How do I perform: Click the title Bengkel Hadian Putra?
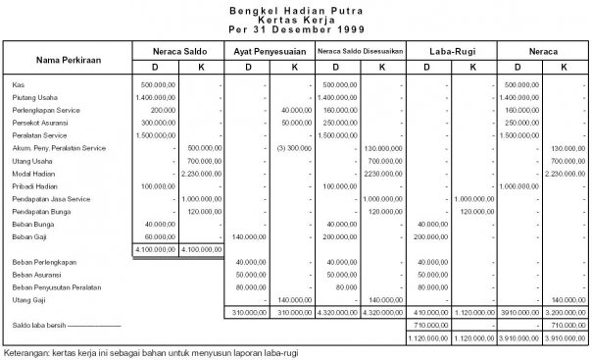click(x=295, y=9)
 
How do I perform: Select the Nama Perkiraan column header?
click(x=65, y=58)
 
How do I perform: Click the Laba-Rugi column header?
click(x=452, y=49)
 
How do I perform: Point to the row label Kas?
click(x=20, y=85)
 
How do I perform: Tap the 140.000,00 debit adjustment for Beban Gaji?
click(x=253, y=236)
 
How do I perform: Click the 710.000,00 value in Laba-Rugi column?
click(x=427, y=324)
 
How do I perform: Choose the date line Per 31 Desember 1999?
click(x=295, y=28)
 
